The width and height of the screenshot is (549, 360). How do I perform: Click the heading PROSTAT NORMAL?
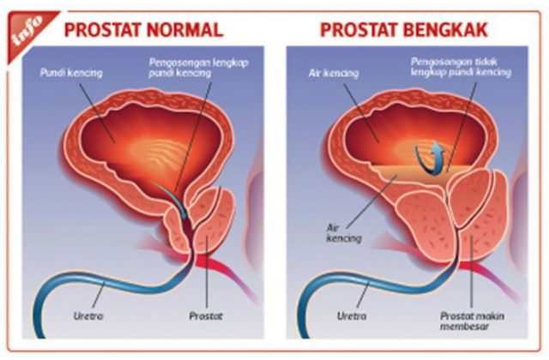pyautogui.click(x=143, y=30)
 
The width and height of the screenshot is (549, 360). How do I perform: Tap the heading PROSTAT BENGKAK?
pyautogui.click(x=404, y=30)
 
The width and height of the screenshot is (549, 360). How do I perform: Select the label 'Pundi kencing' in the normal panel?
pyautogui.click(x=71, y=73)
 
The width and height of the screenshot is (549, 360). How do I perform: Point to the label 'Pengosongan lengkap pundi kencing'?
pyautogui.click(x=198, y=68)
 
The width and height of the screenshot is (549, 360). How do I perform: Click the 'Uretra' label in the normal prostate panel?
pyautogui.click(x=88, y=316)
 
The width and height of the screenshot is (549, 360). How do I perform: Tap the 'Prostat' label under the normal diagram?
pyautogui.click(x=206, y=316)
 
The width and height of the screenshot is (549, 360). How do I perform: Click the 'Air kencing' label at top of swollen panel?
pyautogui.click(x=334, y=73)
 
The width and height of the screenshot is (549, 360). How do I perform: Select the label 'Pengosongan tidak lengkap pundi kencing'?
pyautogui.click(x=462, y=67)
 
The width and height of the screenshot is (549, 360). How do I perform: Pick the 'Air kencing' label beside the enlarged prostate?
pyautogui.click(x=343, y=233)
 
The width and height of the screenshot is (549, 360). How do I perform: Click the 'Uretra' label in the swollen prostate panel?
pyautogui.click(x=352, y=316)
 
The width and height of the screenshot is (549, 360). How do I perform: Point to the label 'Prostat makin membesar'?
pyautogui.click(x=472, y=321)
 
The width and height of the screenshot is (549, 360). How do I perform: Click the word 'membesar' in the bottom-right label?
pyautogui.click(x=464, y=327)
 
